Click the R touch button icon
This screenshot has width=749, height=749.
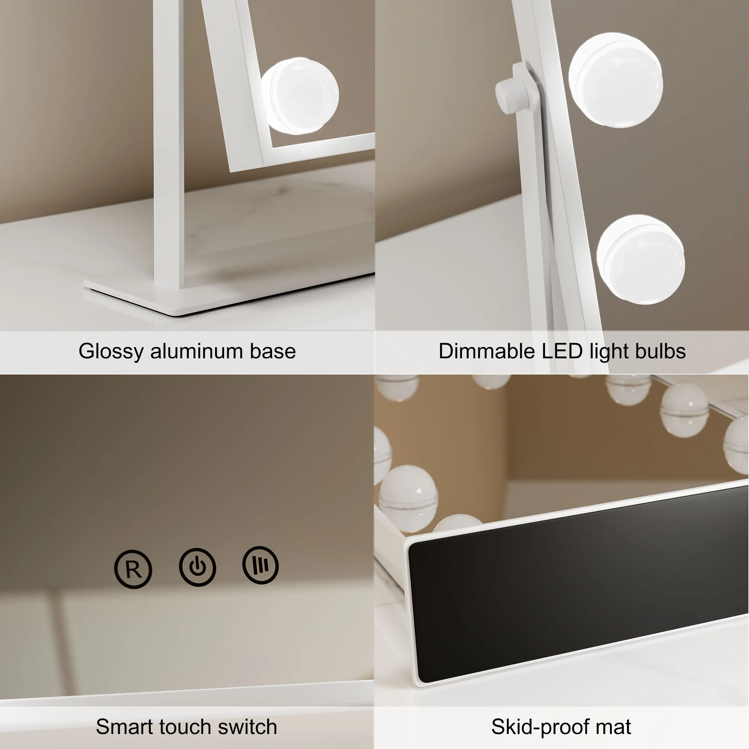click(x=133, y=569)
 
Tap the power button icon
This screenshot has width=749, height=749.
click(x=197, y=567)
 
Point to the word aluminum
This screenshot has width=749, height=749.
click(x=197, y=351)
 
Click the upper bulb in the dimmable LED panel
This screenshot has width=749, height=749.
click(x=616, y=79)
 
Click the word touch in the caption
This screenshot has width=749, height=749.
click(x=185, y=727)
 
